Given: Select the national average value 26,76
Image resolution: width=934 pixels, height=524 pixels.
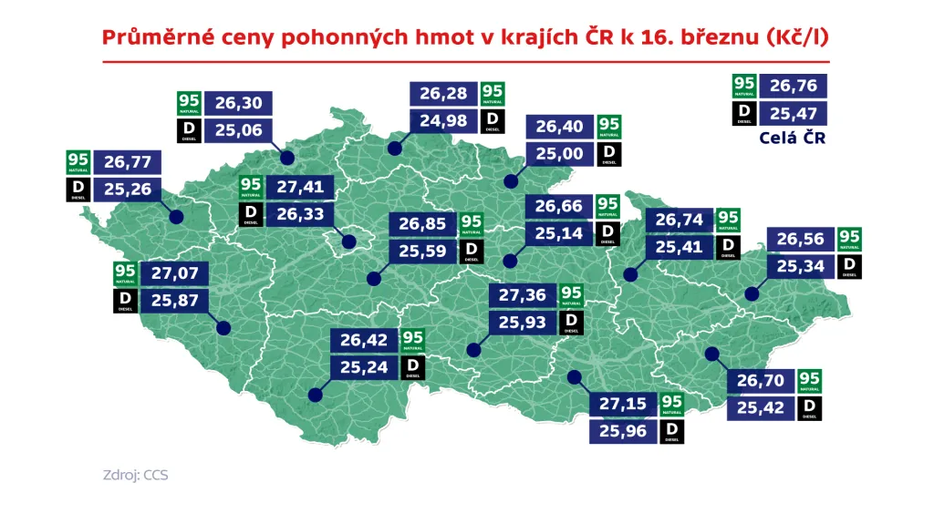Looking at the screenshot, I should click(x=793, y=86).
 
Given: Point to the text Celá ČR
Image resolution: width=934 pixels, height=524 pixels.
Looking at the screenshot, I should click(x=793, y=139).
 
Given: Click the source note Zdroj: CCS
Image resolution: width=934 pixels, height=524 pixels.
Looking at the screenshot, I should click(x=135, y=476).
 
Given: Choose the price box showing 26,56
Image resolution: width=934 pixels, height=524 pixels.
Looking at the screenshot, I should click(x=803, y=239).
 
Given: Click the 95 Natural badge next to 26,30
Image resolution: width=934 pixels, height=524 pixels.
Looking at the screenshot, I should click(x=190, y=103).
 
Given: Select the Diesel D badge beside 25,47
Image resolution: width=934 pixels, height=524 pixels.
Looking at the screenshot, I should click(x=744, y=113).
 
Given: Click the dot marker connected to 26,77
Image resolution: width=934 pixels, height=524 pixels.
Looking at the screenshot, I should click(x=176, y=217).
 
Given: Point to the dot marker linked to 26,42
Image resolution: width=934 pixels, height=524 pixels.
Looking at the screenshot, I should click(x=316, y=395).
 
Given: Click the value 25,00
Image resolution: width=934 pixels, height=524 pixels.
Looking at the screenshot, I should click(x=560, y=154).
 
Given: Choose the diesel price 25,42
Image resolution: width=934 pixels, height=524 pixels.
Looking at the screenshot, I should click(x=761, y=406).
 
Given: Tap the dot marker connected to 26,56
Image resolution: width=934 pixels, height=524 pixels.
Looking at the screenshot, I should click(x=752, y=293).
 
